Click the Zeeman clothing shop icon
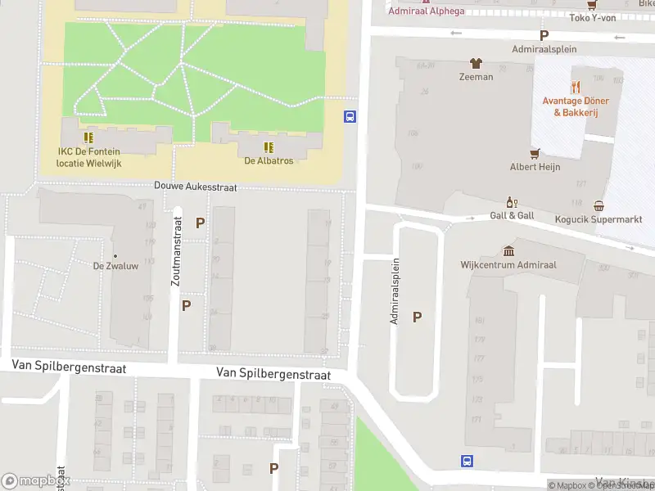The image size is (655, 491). coord(475,63)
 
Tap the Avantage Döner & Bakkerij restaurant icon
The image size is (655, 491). coord(576,86)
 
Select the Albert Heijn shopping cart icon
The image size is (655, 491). coord(535,152)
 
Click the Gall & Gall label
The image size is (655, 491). coord(512,214)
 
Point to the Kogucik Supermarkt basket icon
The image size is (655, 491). coord(599,206)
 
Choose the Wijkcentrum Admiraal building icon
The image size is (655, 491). coord(509,250)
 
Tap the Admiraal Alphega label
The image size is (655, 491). coord(427,11)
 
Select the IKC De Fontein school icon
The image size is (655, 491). coord(88,137)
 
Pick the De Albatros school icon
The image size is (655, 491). coord(268,147)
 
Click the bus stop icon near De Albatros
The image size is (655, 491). coord(350,116)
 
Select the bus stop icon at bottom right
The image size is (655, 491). coord(467,461)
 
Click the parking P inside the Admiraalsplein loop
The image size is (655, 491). coord(418,317)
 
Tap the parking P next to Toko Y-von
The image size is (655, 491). coord(543,35)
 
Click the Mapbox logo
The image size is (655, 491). coord(35,481)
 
